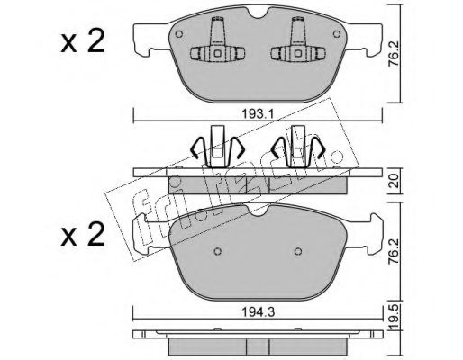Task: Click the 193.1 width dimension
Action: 257,114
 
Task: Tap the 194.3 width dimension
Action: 259,312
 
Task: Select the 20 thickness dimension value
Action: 395,181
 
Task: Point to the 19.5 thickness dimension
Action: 395,317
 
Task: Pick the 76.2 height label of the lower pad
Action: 394,251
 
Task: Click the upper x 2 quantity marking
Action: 83,42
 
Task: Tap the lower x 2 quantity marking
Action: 83,235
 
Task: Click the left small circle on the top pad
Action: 179,34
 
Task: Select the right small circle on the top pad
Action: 337,34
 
